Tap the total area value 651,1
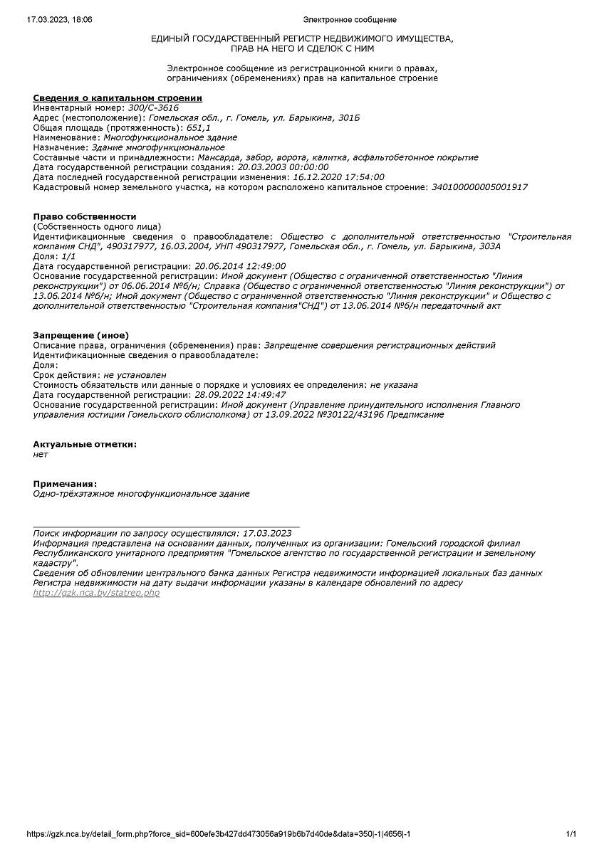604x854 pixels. point(198,127)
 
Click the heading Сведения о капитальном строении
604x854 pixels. point(118,97)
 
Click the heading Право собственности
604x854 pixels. point(84,216)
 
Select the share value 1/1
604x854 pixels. point(68,256)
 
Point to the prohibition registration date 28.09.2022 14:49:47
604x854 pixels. point(240,395)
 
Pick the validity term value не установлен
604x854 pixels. point(135,375)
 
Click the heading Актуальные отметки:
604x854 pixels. point(85,445)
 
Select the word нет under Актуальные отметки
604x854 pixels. point(41,454)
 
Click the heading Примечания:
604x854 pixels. point(65,485)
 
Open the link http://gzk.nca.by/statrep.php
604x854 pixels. point(96,593)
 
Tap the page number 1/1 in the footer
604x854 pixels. point(571,834)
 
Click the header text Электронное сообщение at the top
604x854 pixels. point(350,20)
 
